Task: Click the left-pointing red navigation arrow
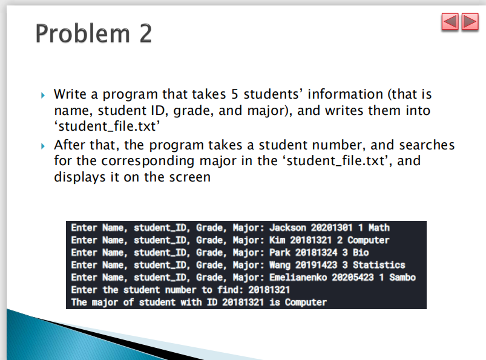click(x=450, y=22)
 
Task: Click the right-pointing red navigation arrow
click(x=470, y=22)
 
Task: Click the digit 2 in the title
click(x=145, y=33)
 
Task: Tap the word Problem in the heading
click(x=82, y=33)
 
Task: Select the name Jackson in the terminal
click(x=287, y=227)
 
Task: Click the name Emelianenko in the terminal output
click(x=298, y=277)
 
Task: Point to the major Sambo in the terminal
click(x=402, y=277)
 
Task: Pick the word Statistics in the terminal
click(x=379, y=265)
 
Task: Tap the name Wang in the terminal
click(x=280, y=265)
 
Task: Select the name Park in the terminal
click(x=280, y=252)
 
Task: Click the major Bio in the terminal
click(x=361, y=252)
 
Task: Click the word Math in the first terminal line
click(x=379, y=227)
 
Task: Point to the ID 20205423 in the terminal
click(x=353, y=277)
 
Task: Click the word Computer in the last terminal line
click(x=306, y=303)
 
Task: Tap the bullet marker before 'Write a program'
click(x=43, y=95)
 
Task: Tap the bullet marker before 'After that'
click(x=43, y=146)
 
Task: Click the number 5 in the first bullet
click(x=235, y=94)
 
